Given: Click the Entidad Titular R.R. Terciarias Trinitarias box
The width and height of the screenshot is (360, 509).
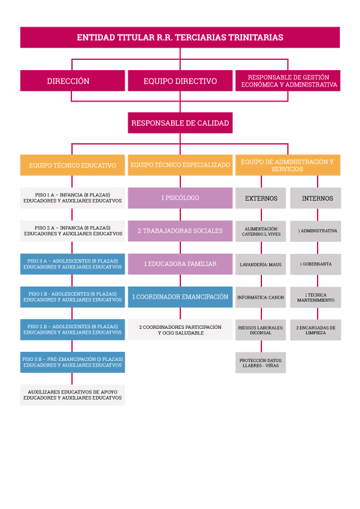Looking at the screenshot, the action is tap(180, 37).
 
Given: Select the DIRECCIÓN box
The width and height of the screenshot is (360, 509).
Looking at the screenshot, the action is tap(73, 81).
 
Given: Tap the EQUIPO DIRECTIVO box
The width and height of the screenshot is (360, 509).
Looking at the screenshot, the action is tap(180, 81).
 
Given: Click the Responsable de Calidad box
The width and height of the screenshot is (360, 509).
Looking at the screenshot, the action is tap(180, 123).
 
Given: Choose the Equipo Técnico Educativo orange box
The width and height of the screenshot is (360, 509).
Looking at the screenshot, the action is tap(73, 165).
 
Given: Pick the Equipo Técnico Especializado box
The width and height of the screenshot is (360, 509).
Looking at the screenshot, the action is tap(180, 165).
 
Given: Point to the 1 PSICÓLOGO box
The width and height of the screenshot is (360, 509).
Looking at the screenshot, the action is tap(180, 198).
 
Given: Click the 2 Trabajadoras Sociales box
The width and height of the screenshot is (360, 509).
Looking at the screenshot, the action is tap(180, 231).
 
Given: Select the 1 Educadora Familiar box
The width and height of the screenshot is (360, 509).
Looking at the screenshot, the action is tap(180, 264).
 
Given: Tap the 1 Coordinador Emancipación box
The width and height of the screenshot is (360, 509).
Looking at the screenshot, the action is tap(180, 297).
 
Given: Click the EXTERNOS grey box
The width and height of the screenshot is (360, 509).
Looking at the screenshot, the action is tap(261, 198).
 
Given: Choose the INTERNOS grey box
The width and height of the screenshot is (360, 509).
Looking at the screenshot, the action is tap(315, 198).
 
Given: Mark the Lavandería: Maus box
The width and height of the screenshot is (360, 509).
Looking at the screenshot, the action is tap(261, 265).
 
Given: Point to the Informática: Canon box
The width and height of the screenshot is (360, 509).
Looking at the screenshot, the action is tap(261, 297).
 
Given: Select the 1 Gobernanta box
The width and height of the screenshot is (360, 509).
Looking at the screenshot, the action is tap(315, 264).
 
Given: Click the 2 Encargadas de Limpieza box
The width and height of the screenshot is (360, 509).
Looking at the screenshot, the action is tap(315, 330).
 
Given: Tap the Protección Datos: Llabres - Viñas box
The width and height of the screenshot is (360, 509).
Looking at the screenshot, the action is tap(261, 363).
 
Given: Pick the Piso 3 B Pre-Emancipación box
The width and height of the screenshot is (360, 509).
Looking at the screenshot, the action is tap(73, 362).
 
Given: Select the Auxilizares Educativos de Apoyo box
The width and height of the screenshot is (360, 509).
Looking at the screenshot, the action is tap(73, 395).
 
